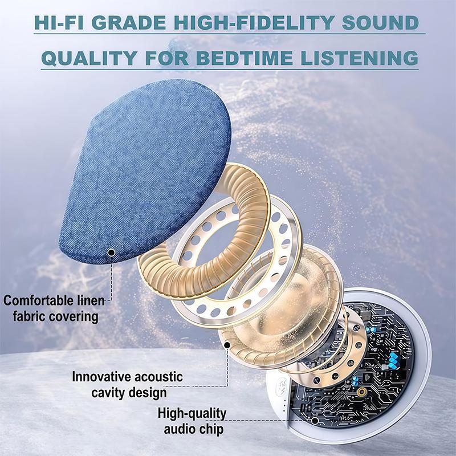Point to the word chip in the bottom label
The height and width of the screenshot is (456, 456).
[x=211, y=429]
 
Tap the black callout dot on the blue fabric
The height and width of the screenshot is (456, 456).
[x=111, y=251]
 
